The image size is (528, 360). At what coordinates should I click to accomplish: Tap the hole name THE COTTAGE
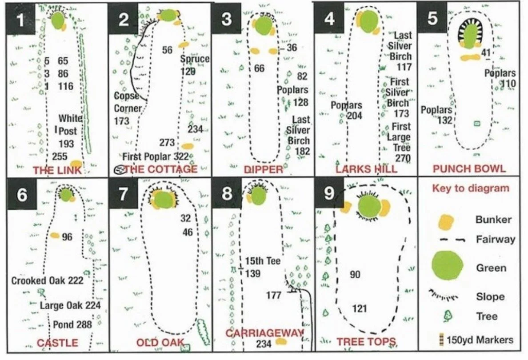pyautogui.click(x=160, y=169)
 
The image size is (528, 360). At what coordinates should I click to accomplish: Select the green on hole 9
pyautogui.click(x=369, y=207)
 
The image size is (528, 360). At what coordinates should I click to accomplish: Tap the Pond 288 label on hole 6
pyautogui.click(x=72, y=324)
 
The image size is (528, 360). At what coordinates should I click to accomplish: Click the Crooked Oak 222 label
pyautogui.click(x=47, y=280)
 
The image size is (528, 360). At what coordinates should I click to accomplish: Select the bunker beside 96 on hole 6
pyautogui.click(x=55, y=236)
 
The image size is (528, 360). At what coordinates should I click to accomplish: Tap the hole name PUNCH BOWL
pyautogui.click(x=469, y=169)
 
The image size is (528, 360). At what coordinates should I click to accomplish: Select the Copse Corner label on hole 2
pyautogui.click(x=128, y=102)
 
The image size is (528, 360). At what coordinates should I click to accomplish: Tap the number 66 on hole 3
pyautogui.click(x=259, y=68)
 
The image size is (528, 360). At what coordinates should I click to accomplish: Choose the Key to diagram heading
pyautogui.click(x=470, y=188)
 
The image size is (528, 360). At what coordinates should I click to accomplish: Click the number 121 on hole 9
pyautogui.click(x=359, y=308)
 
